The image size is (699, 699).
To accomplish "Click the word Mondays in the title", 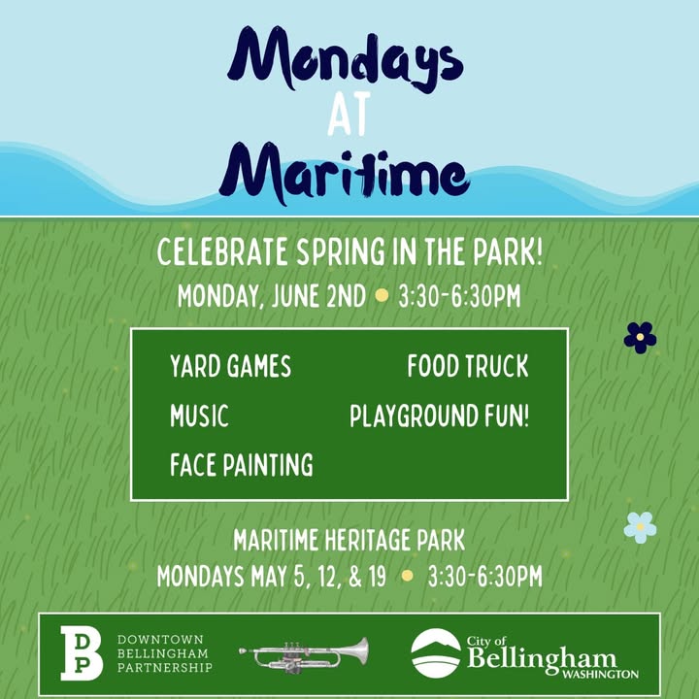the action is coord(346,59).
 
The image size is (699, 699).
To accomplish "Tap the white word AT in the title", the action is coord(349,114).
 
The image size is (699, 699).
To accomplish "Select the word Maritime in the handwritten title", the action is coord(344,174).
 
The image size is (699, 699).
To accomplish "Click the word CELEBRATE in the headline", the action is coord(222,251).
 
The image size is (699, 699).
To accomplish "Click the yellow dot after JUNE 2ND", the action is coord(382,295).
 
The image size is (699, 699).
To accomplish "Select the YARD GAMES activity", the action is coord(230,366).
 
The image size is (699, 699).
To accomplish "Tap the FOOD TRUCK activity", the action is coord(468,366).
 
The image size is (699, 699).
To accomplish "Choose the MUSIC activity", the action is coord(199,416).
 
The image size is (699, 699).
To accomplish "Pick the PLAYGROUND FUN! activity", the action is coord(439,416).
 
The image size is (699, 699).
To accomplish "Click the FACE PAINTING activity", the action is coord(242,465).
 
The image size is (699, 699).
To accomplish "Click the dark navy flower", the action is coord(640,338).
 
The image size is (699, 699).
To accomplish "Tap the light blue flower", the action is coord(640,527).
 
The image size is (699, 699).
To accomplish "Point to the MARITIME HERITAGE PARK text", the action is coord(349,541).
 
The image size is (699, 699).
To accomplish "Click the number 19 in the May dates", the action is coord(377,576).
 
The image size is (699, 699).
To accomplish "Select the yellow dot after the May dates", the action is coord(407,576).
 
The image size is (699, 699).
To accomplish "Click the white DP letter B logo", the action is coord(82,653).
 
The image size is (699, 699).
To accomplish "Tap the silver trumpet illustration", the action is coord(304,655).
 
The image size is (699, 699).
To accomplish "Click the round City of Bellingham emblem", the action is coord(436,653).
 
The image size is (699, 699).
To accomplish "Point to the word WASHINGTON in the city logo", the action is coord(601,674).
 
